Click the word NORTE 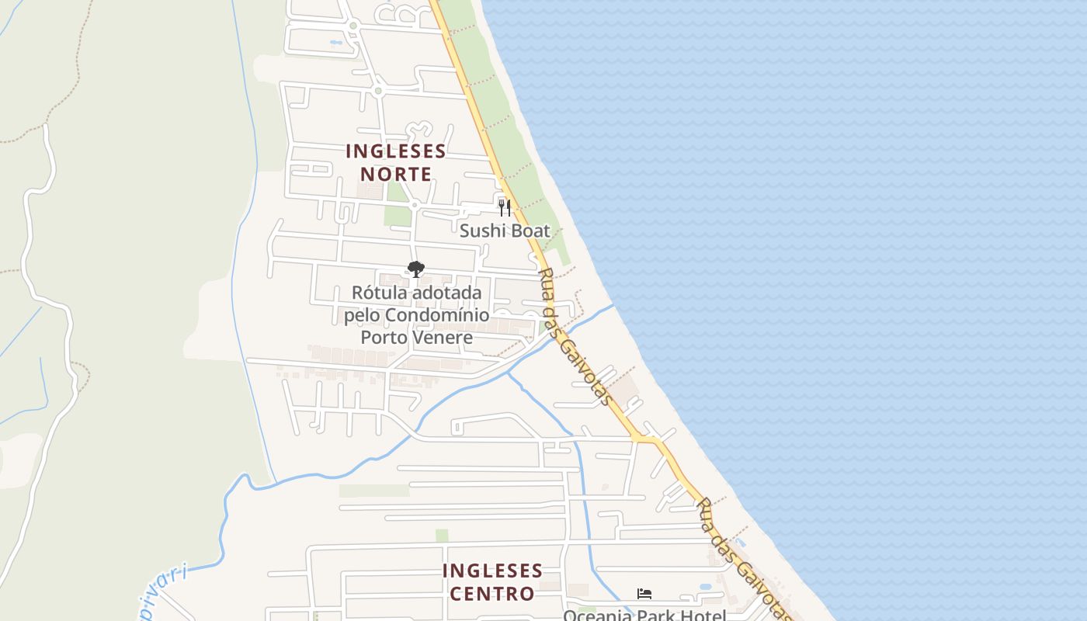click(x=396, y=174)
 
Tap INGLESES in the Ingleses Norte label click(x=396, y=151)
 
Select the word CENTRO click(x=492, y=595)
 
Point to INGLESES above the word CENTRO click(x=492, y=571)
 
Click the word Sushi click(x=481, y=231)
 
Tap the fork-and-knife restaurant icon click(x=505, y=207)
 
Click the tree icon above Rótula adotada click(x=416, y=269)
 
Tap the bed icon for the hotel click(x=644, y=594)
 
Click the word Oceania click(x=598, y=616)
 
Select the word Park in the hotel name click(x=656, y=616)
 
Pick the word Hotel click(x=703, y=616)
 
